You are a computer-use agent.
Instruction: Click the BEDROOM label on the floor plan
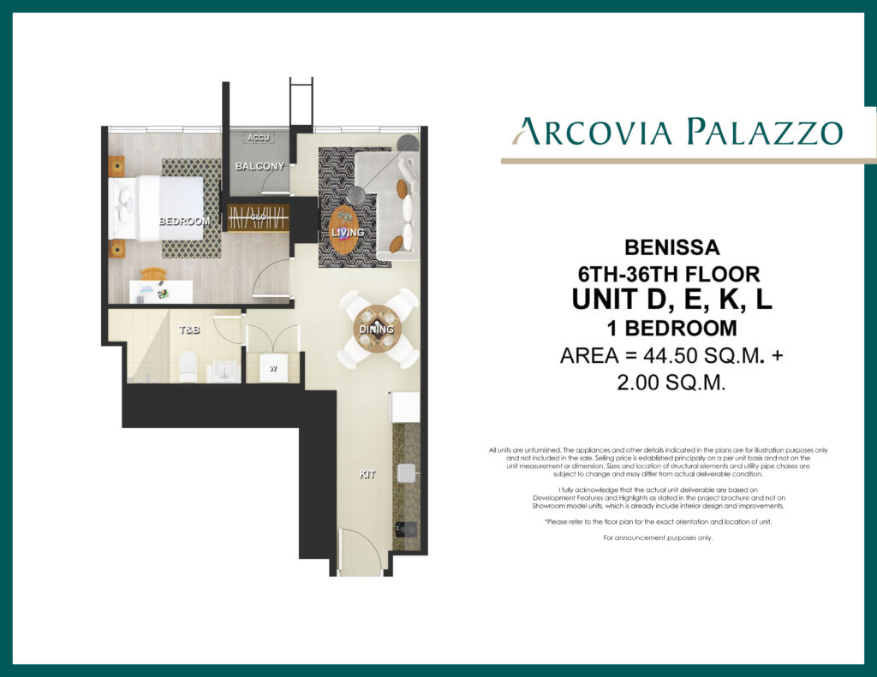(x=184, y=221)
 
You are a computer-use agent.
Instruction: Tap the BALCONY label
(x=259, y=166)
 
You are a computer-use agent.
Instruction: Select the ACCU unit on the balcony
(x=258, y=138)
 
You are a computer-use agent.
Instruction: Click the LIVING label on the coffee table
(x=347, y=232)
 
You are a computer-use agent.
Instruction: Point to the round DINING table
(x=377, y=330)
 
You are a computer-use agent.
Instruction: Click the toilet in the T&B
(x=188, y=366)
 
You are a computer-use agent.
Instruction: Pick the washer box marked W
(x=272, y=369)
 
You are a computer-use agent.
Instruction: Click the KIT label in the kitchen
(x=367, y=472)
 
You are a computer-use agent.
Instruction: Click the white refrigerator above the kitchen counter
(x=405, y=407)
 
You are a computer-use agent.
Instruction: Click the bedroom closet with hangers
(x=257, y=217)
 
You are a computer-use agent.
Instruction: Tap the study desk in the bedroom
(x=160, y=292)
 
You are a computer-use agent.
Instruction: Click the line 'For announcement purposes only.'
(x=658, y=537)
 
